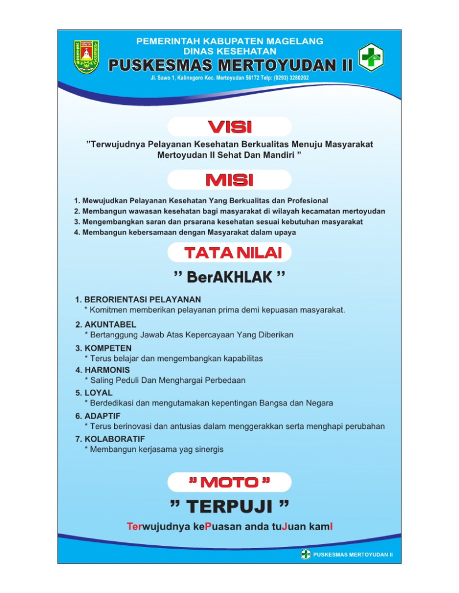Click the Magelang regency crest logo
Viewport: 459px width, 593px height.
point(86,56)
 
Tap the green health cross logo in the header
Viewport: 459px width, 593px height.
point(371,56)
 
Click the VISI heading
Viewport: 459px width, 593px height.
point(229,127)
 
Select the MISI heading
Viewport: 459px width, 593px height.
point(229,180)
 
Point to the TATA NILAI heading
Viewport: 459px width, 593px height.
point(229,252)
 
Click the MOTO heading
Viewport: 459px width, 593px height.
point(229,482)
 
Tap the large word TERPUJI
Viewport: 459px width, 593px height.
point(229,507)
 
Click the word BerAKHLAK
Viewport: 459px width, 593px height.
point(229,278)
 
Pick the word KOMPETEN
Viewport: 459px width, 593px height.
point(108,348)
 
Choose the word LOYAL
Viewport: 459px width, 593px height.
point(99,393)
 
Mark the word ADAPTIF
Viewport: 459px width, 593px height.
point(103,416)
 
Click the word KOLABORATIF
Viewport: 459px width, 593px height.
point(114,439)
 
